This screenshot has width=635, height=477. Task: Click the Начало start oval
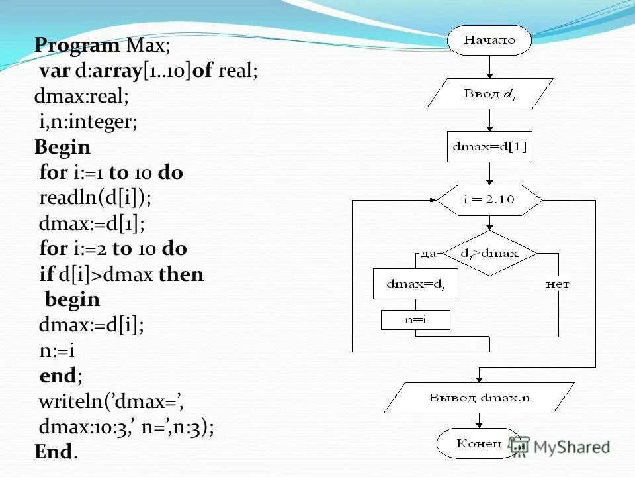(x=489, y=40)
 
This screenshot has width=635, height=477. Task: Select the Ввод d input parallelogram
(x=489, y=94)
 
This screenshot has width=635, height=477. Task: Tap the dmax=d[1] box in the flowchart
(x=489, y=147)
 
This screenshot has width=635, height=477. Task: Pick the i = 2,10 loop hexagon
(x=489, y=200)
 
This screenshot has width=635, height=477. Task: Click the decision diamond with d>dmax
(x=489, y=253)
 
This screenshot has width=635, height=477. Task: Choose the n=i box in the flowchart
(x=415, y=320)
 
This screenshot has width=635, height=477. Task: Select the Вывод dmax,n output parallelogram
(x=480, y=398)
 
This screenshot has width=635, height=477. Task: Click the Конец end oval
(x=479, y=443)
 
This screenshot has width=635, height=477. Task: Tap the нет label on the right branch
(x=558, y=284)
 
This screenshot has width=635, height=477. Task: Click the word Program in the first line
(x=76, y=45)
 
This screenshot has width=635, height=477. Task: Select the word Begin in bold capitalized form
(x=62, y=146)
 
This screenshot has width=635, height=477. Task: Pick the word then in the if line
(x=181, y=274)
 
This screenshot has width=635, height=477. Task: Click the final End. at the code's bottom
(x=56, y=452)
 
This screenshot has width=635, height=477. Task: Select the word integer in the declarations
(x=101, y=122)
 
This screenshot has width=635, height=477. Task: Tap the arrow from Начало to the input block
(x=489, y=66)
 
